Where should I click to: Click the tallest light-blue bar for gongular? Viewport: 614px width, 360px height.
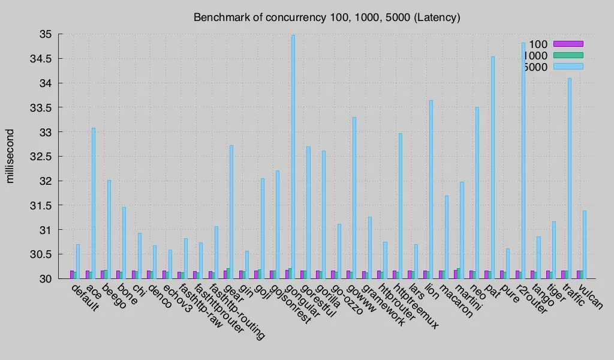293,156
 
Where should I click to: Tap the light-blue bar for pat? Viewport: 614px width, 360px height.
493,167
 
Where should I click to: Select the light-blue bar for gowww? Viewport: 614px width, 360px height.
354,197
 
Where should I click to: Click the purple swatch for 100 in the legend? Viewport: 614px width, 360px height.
568,43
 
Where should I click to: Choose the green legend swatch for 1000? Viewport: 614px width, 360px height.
568,55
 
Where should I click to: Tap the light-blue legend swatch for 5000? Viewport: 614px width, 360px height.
568,67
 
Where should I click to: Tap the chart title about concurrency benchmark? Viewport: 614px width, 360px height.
327,17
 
